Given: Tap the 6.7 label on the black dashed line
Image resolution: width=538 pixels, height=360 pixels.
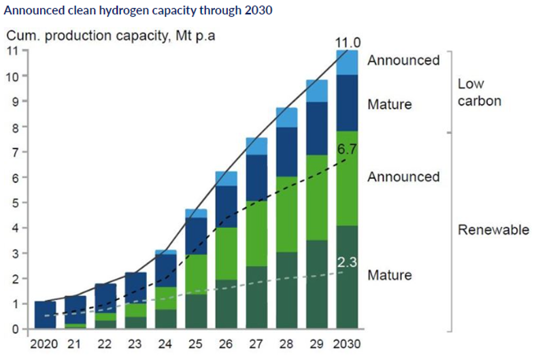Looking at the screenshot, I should (347, 148).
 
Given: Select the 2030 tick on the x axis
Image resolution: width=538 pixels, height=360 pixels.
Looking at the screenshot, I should (347, 343).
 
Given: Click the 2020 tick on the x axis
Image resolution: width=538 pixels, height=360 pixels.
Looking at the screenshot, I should (45, 343).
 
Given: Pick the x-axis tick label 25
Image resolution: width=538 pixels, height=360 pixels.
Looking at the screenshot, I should (196, 343).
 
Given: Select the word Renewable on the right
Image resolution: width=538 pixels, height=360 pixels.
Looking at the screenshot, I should (492, 230).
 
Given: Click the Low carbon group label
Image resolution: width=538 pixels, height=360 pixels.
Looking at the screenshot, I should (479, 93).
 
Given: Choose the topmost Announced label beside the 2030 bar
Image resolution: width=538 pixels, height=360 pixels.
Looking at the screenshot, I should (403, 60).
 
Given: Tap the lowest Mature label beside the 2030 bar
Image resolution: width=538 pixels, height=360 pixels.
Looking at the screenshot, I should (390, 275).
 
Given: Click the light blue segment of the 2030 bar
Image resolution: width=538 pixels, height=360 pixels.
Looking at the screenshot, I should (347, 63).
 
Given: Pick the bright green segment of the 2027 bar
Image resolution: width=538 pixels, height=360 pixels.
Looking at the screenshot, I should (256, 233).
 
